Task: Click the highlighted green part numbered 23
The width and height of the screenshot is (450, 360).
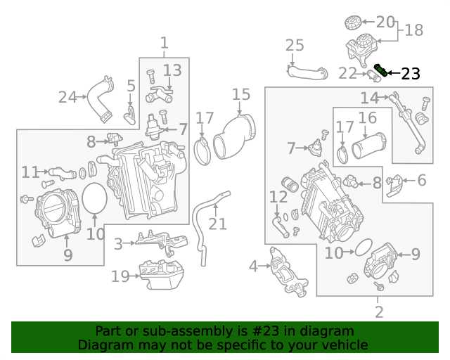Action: [380, 70]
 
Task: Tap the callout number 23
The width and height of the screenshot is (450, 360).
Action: [410, 73]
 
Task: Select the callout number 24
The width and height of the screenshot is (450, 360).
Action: [67, 97]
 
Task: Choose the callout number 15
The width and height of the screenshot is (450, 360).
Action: [240, 94]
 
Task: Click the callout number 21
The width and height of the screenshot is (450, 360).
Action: [218, 224]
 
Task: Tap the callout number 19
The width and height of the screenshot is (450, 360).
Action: [120, 276]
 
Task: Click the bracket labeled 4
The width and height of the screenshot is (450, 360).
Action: [285, 271]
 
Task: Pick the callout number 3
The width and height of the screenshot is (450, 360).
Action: [118, 243]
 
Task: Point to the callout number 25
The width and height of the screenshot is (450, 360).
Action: [295, 46]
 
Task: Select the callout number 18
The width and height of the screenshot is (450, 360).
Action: [414, 30]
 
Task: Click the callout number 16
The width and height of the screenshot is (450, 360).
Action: [368, 117]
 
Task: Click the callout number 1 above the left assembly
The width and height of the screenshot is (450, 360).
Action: [164, 43]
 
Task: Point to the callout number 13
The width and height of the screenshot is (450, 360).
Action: [172, 70]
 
